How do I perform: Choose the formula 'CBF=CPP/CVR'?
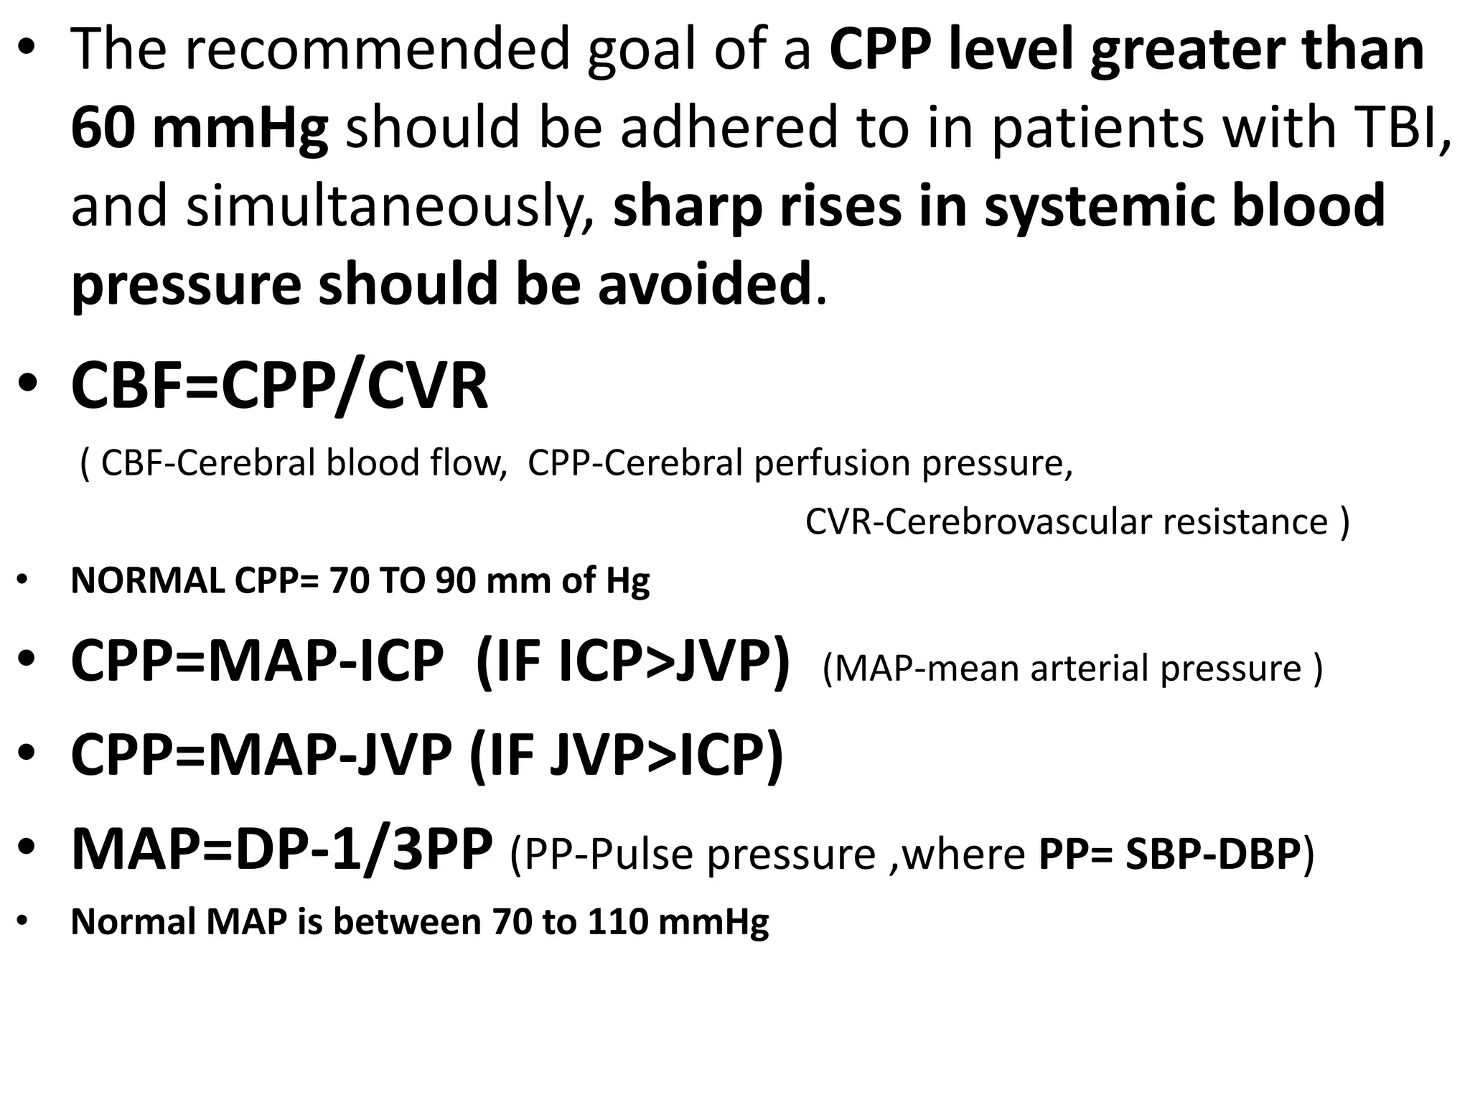tap(279, 388)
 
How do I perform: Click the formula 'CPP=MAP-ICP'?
tap(257, 662)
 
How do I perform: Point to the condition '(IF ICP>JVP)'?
tap(632, 662)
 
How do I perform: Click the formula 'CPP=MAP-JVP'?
tap(261, 755)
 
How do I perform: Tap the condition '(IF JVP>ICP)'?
tap(626, 755)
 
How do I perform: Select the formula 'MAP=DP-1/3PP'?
tap(281, 850)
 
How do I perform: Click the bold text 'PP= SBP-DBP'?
tap(1169, 855)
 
